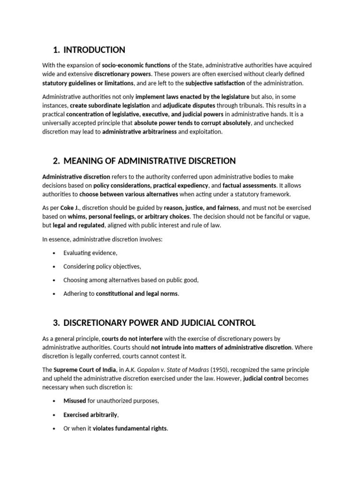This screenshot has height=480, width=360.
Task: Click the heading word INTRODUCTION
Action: click(x=94, y=50)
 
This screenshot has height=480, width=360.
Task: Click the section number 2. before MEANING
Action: click(x=56, y=161)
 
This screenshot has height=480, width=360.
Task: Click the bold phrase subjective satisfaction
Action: click(x=215, y=83)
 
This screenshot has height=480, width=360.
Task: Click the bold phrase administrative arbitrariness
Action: click(x=139, y=132)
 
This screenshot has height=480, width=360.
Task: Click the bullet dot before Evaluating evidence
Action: click(x=55, y=253)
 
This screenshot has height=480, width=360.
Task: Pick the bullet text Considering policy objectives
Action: click(x=102, y=267)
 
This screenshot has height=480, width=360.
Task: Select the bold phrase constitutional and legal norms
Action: click(x=137, y=294)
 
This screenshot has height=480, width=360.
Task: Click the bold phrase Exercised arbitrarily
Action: click(x=90, y=415)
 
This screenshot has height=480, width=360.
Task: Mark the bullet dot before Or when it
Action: click(x=55, y=428)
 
